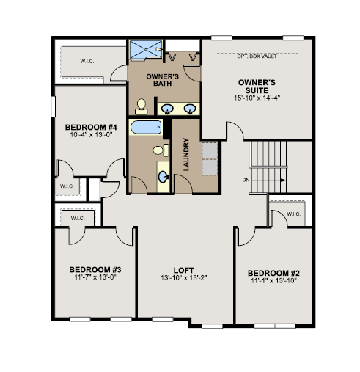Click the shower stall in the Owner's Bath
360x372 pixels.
point(146,50)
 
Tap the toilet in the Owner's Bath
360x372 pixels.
point(142,106)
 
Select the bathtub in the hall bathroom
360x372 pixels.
point(146,127)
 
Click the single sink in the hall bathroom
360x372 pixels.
point(164,176)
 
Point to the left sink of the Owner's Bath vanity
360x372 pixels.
point(168,109)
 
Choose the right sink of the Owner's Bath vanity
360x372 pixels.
point(190,109)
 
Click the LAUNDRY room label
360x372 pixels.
point(186,154)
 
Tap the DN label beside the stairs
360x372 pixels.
point(246,180)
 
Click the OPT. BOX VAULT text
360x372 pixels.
point(257,56)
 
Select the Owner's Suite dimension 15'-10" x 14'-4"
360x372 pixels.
point(257,98)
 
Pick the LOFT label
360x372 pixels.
point(184,270)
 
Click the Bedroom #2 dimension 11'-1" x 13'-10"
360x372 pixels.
point(273,280)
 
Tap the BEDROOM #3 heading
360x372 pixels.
point(95,269)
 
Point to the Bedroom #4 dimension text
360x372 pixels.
point(91,134)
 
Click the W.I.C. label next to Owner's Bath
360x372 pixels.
point(87,61)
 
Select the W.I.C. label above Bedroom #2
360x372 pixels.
point(293,214)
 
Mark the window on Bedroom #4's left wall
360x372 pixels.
point(53,106)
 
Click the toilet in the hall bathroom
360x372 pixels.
point(161,150)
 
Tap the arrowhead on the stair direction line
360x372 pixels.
point(283,180)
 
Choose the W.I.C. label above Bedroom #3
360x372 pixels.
point(78,218)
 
